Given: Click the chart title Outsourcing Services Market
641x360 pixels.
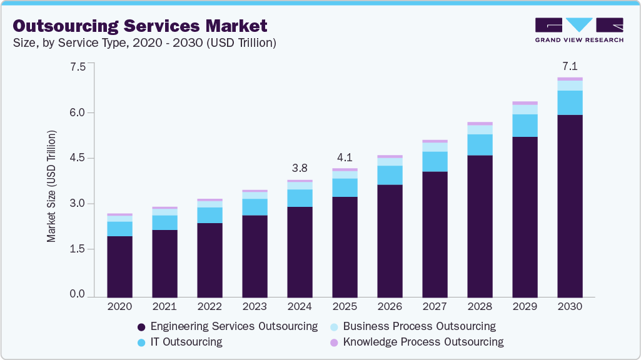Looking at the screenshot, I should (x=140, y=26).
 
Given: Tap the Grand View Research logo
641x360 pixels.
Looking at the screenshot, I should (x=578, y=29).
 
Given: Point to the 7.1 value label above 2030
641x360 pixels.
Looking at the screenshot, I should (x=570, y=66).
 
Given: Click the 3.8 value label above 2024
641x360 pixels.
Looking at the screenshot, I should (x=300, y=169).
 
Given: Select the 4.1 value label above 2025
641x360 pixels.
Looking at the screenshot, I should (x=345, y=157).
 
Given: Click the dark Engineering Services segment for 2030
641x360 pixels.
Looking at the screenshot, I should (x=570, y=206).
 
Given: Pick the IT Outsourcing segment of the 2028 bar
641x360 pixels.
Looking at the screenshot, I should (x=480, y=144).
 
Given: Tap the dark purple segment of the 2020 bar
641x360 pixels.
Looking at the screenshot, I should (x=119, y=266).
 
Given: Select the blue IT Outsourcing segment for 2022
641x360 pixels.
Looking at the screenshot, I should (x=209, y=215).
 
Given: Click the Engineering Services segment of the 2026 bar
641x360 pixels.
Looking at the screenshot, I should (x=390, y=241).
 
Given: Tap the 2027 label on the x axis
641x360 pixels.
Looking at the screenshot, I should (x=435, y=307).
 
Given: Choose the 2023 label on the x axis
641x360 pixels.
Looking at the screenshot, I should (x=255, y=307).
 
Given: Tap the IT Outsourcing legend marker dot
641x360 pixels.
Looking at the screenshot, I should (x=141, y=342).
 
